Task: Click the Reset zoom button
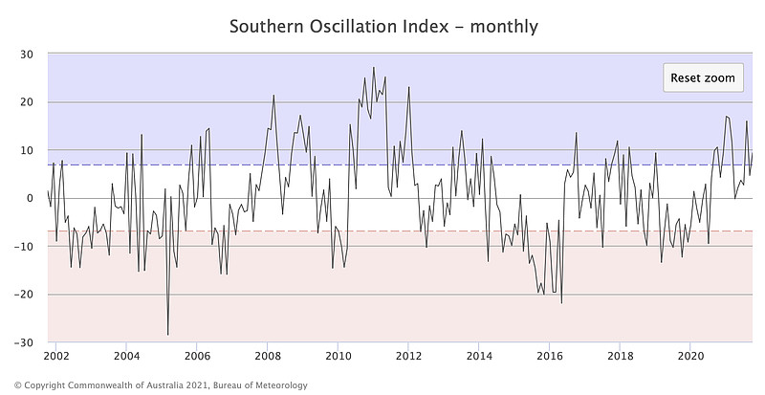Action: pyautogui.click(x=703, y=77)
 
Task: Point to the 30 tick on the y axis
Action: pyautogui.click(x=28, y=54)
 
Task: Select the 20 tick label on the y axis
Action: pyautogui.click(x=28, y=102)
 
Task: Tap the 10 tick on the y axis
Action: pyautogui.click(x=28, y=150)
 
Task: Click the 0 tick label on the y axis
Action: pyautogui.click(x=32, y=198)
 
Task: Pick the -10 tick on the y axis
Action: pyautogui.click(x=25, y=247)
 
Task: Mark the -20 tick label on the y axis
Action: pyautogui.click(x=25, y=295)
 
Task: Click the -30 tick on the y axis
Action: pyautogui.click(x=25, y=342)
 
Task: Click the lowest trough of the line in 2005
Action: pyautogui.click(x=168, y=335)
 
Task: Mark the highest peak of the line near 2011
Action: pyautogui.click(x=374, y=67)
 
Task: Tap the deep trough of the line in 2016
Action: pyautogui.click(x=561, y=303)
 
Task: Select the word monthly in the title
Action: pyautogui.click(x=504, y=26)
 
